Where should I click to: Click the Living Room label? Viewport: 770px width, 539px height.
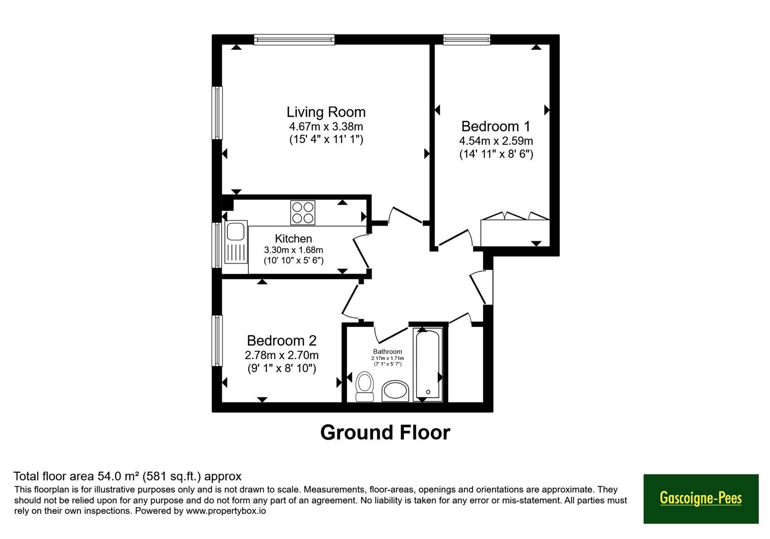[326, 112]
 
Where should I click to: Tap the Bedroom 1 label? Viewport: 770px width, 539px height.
[496, 126]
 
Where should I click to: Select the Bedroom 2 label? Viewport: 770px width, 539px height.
[282, 340]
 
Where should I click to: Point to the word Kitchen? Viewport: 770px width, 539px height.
[293, 238]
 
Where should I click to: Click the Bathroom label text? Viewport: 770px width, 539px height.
[387, 351]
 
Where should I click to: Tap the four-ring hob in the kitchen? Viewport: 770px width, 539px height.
[303, 212]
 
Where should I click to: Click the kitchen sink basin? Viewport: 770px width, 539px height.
[235, 231]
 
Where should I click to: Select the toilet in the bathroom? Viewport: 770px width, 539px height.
[364, 386]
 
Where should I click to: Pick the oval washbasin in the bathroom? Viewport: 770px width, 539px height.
[395, 391]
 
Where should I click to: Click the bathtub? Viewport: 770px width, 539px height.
[428, 364]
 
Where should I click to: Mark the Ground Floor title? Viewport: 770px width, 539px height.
[385, 432]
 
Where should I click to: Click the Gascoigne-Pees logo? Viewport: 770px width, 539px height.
[701, 499]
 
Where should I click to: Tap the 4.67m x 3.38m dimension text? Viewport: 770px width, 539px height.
[326, 127]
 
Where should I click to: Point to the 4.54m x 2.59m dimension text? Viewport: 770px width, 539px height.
[496, 141]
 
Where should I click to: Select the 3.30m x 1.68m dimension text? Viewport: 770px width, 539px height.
[293, 250]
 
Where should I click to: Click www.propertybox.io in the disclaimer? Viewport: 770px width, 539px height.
[226, 511]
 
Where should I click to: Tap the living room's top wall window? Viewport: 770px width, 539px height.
[294, 39]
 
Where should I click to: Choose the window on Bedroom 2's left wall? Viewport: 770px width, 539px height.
[217, 341]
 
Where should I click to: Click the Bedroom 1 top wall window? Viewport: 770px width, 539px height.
[467, 39]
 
